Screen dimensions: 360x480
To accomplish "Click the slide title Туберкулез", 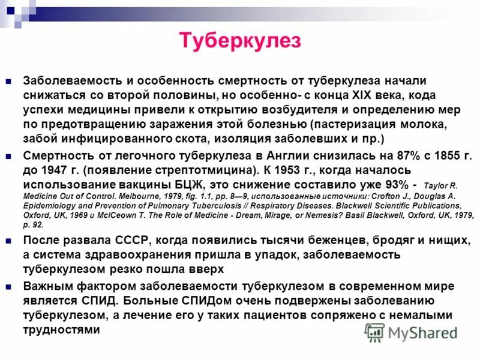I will (240, 41).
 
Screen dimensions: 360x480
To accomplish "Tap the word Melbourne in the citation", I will (136, 196).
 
